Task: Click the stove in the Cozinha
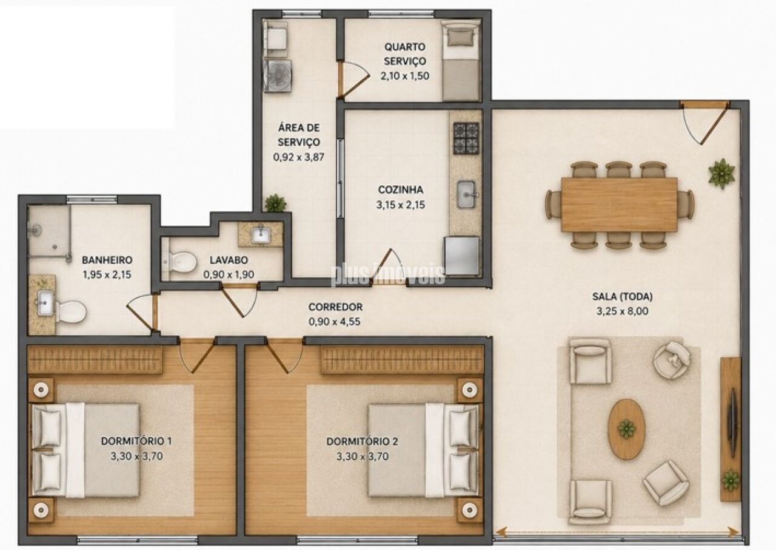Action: click(466, 138)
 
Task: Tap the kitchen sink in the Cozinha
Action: click(466, 194)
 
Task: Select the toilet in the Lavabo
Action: click(181, 261)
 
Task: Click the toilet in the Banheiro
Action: click(71, 312)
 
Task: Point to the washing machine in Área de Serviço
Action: click(277, 76)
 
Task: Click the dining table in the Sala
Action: click(620, 205)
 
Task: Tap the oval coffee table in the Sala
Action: click(626, 429)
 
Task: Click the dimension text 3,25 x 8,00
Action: click(622, 311)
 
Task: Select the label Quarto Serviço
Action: click(404, 54)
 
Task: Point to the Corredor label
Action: click(335, 307)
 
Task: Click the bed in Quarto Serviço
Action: click(461, 60)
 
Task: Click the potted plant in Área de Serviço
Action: click(275, 203)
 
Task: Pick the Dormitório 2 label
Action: click(362, 441)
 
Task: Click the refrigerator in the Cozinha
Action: click(462, 256)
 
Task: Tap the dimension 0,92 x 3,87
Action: click(299, 157)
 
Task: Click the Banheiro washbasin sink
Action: click(45, 303)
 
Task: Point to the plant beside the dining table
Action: click(721, 174)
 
